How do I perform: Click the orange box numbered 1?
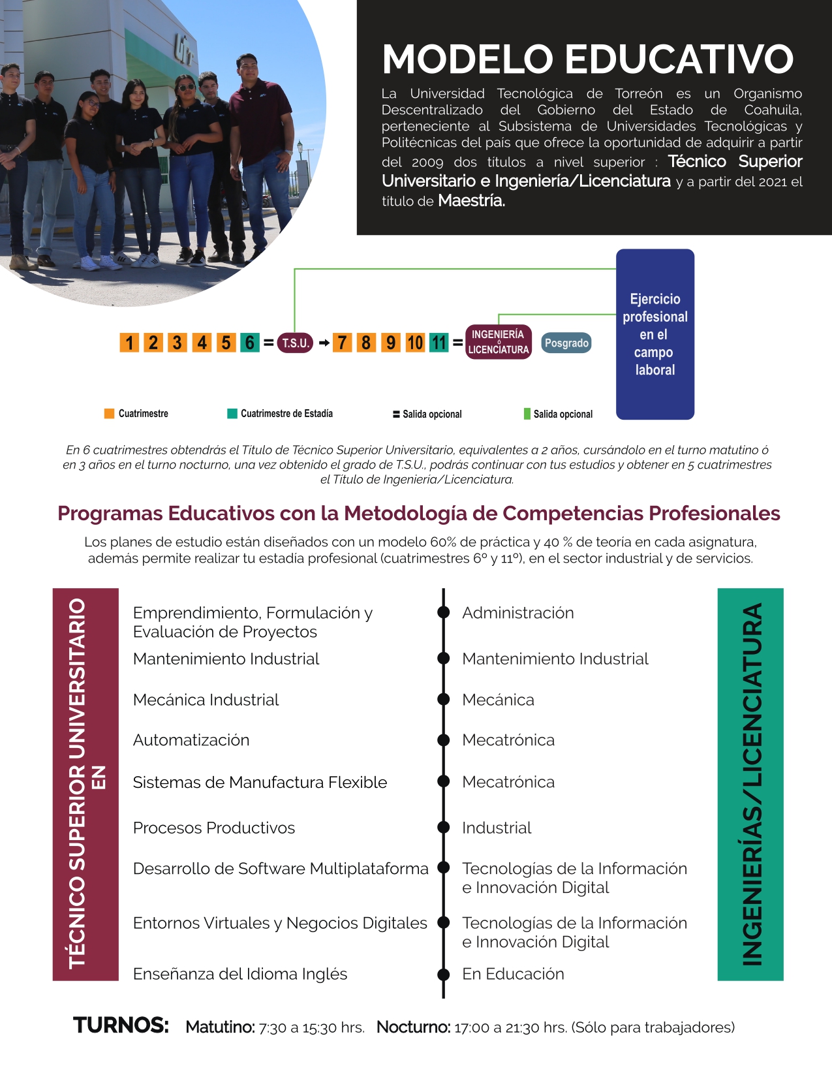(129, 343)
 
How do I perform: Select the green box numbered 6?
(249, 343)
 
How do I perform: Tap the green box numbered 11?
(439, 343)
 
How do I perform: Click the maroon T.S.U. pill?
(295, 343)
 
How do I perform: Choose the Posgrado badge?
(566, 343)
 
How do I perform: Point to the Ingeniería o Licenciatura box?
(499, 342)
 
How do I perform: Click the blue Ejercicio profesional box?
(655, 334)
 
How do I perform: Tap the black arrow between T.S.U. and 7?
(324, 343)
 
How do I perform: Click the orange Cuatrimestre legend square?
(109, 413)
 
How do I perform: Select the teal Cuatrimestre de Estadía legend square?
(232, 413)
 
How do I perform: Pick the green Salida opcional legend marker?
(527, 414)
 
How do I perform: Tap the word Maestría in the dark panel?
(471, 201)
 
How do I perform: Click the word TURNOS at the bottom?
(121, 1025)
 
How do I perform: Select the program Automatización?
(191, 740)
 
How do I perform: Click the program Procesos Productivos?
(214, 828)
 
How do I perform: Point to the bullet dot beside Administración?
(444, 612)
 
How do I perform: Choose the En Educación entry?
(513, 974)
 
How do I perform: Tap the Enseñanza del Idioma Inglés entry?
(240, 974)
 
